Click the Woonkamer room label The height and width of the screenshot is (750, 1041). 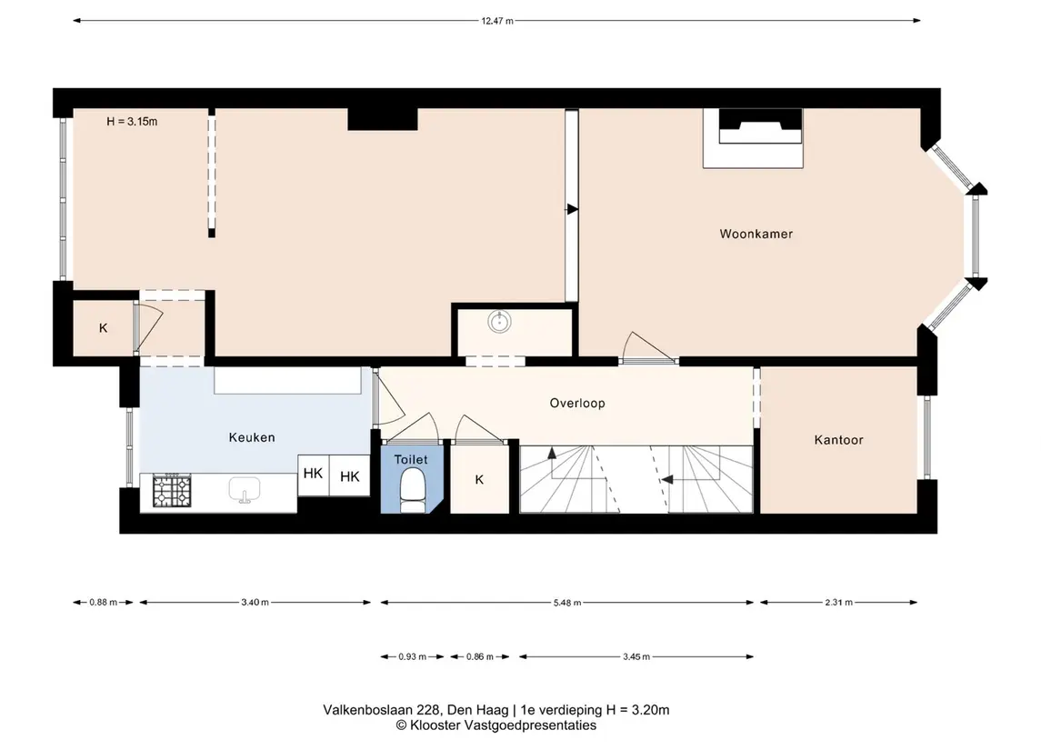coord(756,234)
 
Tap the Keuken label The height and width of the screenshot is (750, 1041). coord(252,437)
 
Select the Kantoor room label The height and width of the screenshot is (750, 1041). coord(838,440)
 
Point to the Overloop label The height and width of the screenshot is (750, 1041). coord(577,403)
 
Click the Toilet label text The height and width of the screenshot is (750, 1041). coord(411,459)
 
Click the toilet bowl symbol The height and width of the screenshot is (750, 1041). coord(413,491)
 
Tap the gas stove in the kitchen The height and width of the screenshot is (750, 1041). coord(172,491)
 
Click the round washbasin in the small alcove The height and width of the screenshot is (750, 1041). coord(499,322)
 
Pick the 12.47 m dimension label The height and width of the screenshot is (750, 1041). coord(497,21)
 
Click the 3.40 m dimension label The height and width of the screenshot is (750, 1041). coord(255,603)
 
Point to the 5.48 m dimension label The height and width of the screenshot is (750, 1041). coord(567,603)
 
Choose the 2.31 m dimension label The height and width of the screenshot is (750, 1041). coord(838,603)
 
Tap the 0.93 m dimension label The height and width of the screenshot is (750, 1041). coord(412,657)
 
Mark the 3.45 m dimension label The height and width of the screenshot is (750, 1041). coord(636,657)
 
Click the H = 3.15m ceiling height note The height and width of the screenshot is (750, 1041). coord(132,122)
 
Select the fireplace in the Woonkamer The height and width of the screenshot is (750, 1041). coord(754,138)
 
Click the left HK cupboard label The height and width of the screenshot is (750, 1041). coord(313,474)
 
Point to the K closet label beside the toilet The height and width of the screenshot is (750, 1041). coord(479,480)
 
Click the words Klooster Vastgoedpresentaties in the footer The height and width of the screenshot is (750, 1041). coord(503,725)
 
